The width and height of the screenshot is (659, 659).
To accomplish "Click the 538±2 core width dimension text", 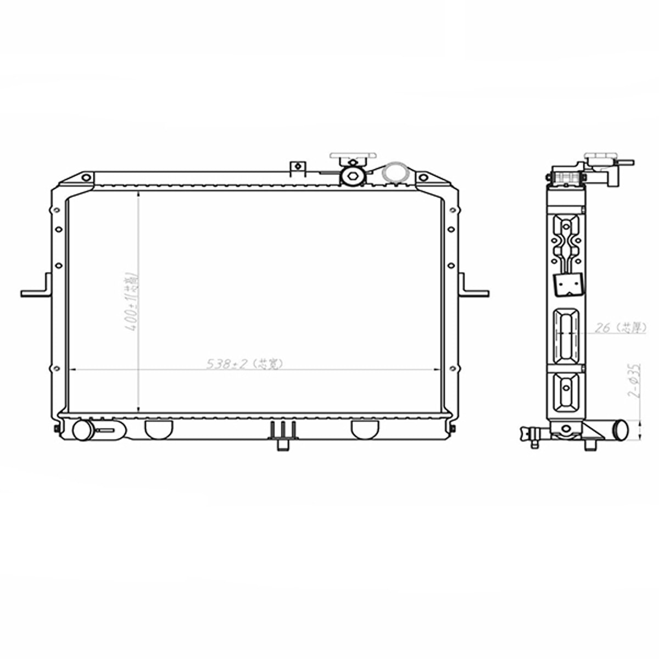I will coord(244,364).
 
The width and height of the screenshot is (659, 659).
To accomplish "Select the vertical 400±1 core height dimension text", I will coord(132,301).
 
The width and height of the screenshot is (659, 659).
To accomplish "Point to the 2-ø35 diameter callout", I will coord(635,379).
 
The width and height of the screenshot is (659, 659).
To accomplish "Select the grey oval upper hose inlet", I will coord(394,172).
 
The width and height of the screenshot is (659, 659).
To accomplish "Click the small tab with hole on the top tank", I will coord(297,167).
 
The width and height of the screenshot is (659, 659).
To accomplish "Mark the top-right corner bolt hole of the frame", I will coord(422,178).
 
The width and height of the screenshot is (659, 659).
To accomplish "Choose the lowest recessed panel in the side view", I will coord(566,391).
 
